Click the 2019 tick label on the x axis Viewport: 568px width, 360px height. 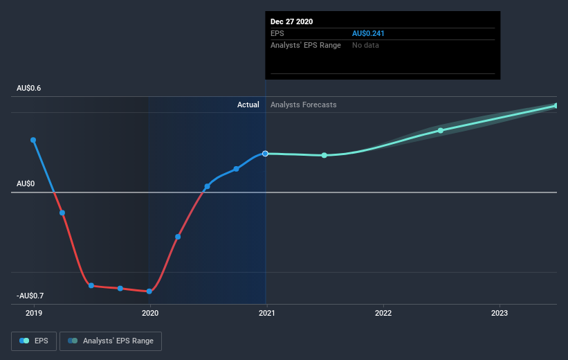[x=33, y=314]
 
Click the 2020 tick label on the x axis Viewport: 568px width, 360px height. [x=150, y=314]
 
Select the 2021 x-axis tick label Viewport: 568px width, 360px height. [x=266, y=314]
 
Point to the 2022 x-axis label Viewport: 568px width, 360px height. [x=383, y=314]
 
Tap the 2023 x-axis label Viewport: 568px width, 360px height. [x=500, y=314]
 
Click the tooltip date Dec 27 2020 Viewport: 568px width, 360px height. [x=292, y=21]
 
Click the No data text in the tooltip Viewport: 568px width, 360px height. [x=365, y=45]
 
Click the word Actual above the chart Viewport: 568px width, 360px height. [x=248, y=105]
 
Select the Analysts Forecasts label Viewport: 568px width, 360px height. [x=304, y=105]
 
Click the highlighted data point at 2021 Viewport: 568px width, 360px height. [x=266, y=153]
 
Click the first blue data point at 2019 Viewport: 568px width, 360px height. [x=33, y=140]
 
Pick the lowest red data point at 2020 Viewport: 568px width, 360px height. [x=149, y=291]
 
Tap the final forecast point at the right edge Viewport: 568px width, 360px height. [x=556, y=105]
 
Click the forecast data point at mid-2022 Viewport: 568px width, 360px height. [x=441, y=130]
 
